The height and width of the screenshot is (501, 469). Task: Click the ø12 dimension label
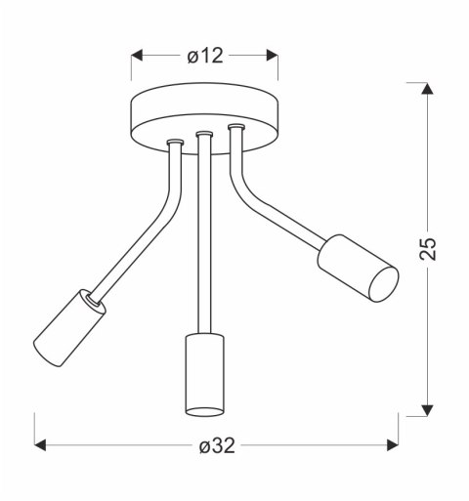[x=205, y=57]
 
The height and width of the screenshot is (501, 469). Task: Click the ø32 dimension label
[x=216, y=446]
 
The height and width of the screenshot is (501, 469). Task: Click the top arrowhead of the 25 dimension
[x=428, y=91]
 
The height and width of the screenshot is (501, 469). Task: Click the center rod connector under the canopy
[x=204, y=135]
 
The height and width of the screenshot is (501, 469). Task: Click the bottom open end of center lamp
[x=204, y=410]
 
